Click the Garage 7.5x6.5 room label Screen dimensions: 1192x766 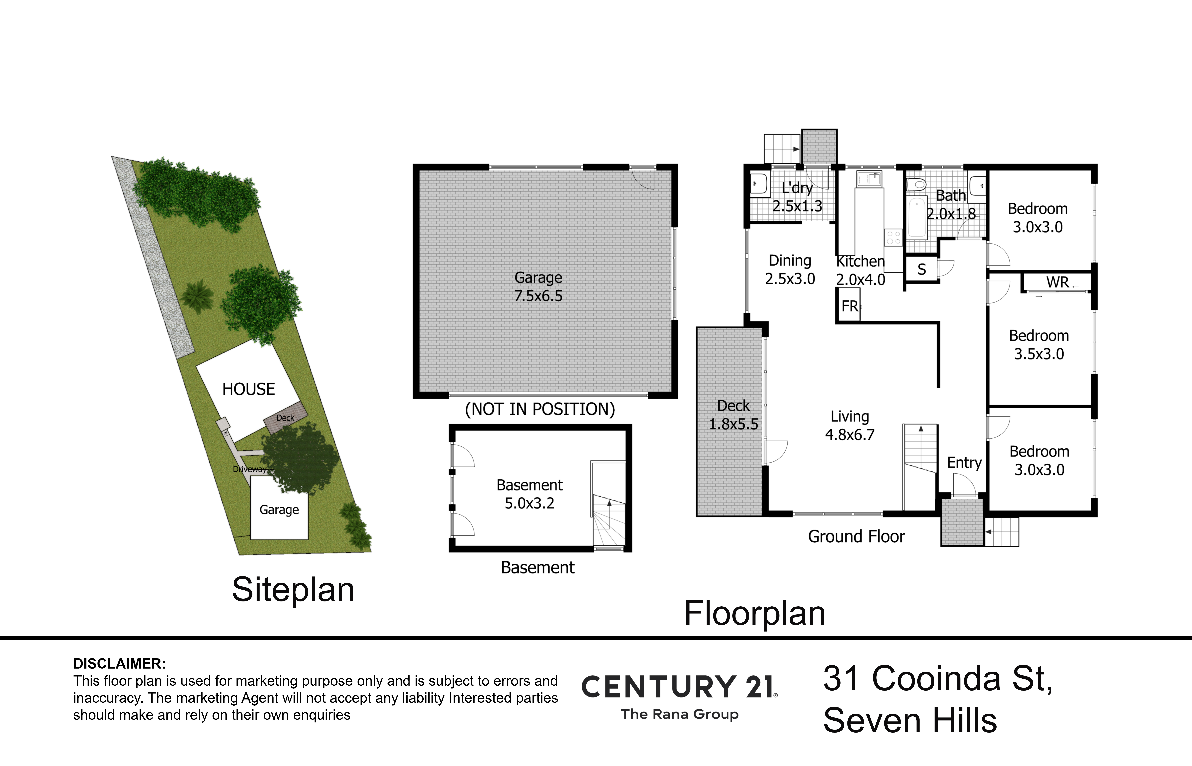coord(538,287)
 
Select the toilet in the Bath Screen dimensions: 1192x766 coord(916,185)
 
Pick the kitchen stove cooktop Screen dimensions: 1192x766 coord(893,237)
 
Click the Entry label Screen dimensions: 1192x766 coord(964,463)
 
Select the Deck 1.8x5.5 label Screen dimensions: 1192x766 coord(733,415)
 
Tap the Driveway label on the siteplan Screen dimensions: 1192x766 coord(249,469)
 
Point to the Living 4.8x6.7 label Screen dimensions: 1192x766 coord(850,425)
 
